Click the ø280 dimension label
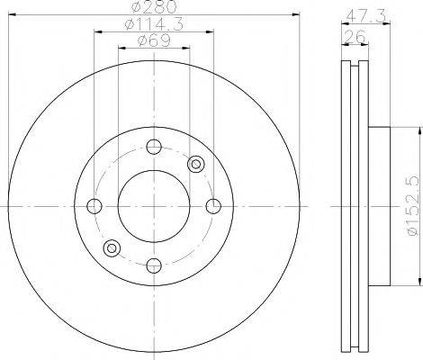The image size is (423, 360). (x=152, y=9)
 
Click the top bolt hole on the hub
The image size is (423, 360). (x=153, y=148)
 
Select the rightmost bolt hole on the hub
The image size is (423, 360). (x=213, y=206)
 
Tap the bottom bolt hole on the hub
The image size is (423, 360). (x=153, y=265)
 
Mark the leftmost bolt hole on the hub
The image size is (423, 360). (x=94, y=206)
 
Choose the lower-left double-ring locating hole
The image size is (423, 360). (x=112, y=247)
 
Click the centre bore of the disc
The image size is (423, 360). (x=153, y=206)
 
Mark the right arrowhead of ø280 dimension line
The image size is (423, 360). (x=294, y=17)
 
